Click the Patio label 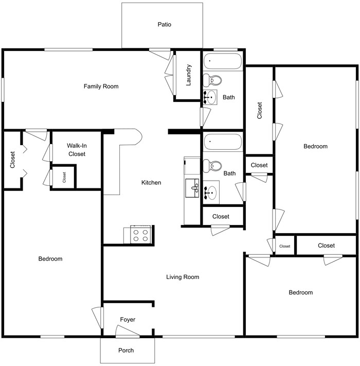coord(165,24)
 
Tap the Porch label coord(126,351)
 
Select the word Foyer coord(128,320)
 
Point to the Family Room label coord(101,86)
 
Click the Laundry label coord(189,75)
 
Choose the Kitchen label coord(151,183)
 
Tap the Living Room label coord(183,277)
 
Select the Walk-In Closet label coord(76,150)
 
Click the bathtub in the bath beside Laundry coord(222,62)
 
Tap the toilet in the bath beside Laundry coord(211,80)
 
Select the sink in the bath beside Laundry coord(210,97)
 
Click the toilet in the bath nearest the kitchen coord(211,166)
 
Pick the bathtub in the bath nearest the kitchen coord(222,142)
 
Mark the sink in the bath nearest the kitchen coord(211,193)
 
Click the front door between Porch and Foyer coord(128,335)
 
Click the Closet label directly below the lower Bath coord(221,216)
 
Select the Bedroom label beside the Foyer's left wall coord(50,259)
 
